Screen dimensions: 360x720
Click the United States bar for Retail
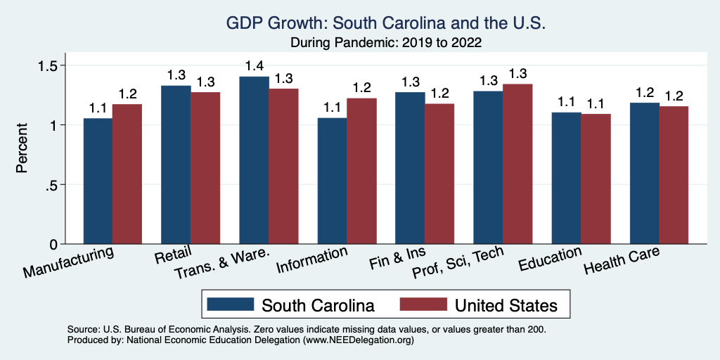[205, 168]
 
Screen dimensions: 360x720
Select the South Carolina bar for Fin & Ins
[410, 168]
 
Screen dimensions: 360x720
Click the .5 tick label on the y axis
[53, 185]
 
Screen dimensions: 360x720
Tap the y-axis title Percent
[22, 148]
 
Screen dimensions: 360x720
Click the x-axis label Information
[311, 259]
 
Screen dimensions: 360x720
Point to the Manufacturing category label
[68, 261]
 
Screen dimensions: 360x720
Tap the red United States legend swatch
[423, 304]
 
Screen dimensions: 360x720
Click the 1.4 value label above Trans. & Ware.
[254, 66]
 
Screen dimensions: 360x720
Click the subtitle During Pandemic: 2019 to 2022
[385, 42]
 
